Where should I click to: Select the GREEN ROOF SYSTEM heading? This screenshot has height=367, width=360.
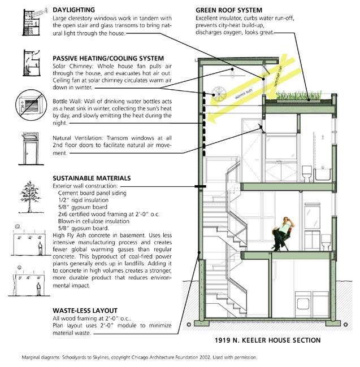[x=228, y=10]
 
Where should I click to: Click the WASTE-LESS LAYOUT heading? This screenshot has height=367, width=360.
[x=85, y=311]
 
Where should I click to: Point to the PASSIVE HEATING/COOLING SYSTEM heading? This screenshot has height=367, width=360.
[x=108, y=58]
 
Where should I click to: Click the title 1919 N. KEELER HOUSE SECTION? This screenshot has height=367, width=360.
[x=267, y=340]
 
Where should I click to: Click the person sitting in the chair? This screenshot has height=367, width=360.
[x=280, y=233]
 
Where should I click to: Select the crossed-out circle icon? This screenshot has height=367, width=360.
[x=30, y=105]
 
